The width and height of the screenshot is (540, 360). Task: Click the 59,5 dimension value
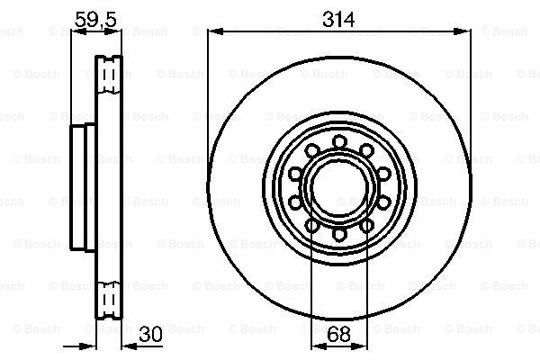95,19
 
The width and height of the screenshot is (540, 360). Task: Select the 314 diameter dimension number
338,19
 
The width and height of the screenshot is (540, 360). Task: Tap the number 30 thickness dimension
150,334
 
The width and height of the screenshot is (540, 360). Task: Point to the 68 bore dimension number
339,334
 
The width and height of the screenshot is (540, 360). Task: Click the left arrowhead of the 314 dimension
216,31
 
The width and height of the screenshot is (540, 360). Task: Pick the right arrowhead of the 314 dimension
463,31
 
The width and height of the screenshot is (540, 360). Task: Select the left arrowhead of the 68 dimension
319,346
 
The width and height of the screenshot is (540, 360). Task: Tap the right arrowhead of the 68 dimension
360,346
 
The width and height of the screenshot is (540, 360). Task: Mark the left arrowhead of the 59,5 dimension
78,31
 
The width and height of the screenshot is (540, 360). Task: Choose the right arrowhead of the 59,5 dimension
113,31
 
